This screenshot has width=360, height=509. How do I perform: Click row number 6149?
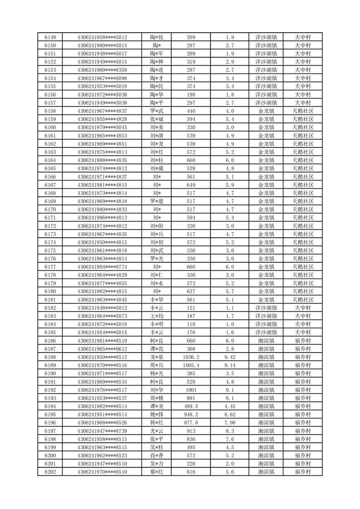coord(50,37)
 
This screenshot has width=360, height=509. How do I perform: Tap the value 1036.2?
coord(191,357)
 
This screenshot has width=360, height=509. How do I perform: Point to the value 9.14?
coord(230,365)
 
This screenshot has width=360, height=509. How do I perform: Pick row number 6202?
coord(50,472)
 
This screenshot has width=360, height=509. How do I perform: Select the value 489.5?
coord(191,406)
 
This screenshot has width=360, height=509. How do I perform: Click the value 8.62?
coord(230,415)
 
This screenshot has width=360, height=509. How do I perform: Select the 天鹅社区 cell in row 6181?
coord(302,299)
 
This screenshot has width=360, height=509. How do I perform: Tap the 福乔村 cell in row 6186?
coord(302,341)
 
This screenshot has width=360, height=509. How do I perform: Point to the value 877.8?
coord(191,423)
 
